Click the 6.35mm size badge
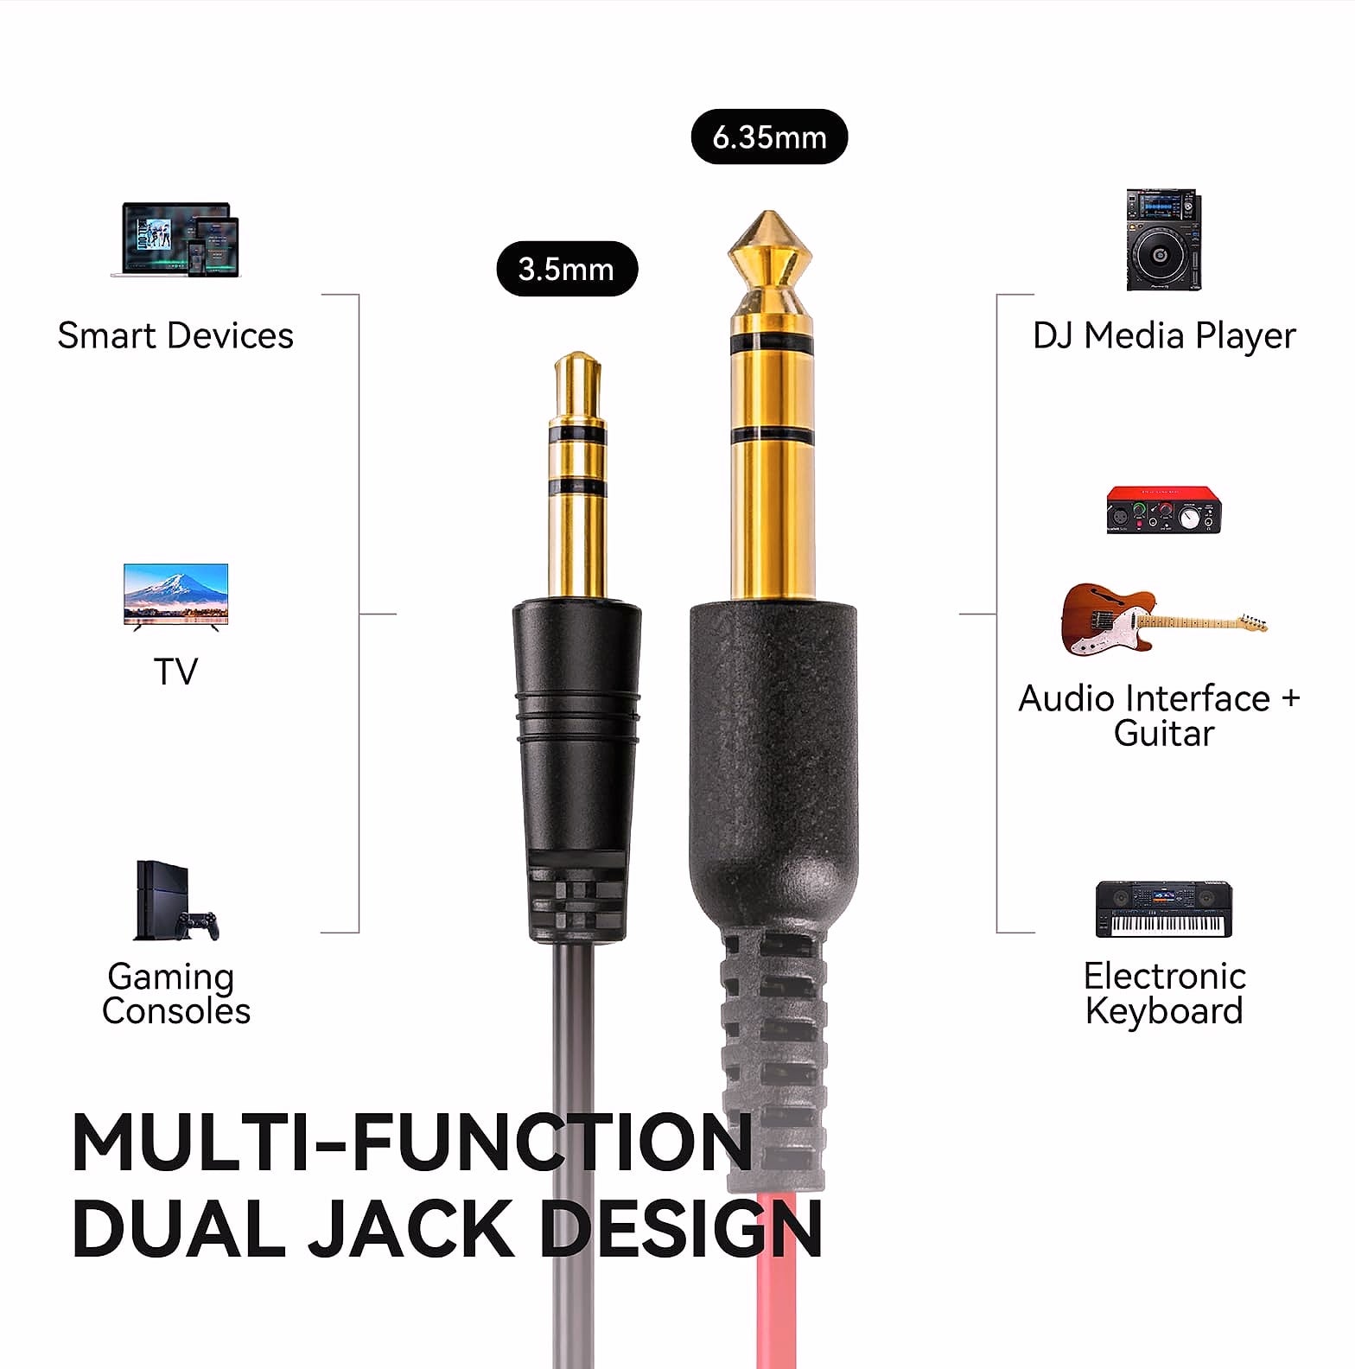(769, 137)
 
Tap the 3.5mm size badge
(567, 269)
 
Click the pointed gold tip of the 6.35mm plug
(768, 215)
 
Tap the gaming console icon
(176, 901)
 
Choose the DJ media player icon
(1163, 239)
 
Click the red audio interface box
(1163, 510)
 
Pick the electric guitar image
(1163, 619)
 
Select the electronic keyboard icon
(1163, 909)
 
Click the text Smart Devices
(175, 335)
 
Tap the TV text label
(175, 672)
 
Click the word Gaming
(170, 977)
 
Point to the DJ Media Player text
(1164, 335)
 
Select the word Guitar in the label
(1164, 734)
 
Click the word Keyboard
(1164, 1011)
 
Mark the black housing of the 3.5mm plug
(577, 769)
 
